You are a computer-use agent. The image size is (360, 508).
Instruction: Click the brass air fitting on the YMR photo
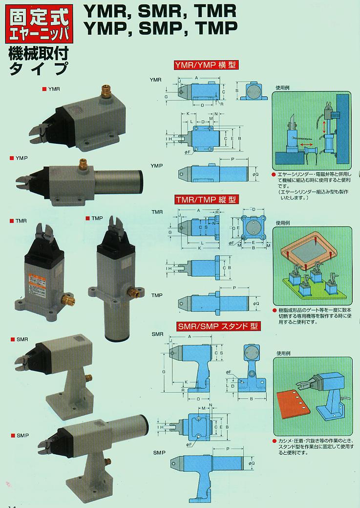(105, 91)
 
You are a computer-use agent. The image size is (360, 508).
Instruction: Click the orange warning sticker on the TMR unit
(37, 284)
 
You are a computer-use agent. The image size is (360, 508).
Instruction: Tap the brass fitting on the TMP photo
(132, 293)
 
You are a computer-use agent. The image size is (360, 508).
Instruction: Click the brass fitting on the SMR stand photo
(89, 378)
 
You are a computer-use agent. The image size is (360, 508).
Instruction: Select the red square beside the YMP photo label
(11, 158)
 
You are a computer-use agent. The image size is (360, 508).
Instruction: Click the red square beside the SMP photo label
(11, 435)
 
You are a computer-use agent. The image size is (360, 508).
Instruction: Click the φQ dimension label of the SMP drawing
(251, 463)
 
